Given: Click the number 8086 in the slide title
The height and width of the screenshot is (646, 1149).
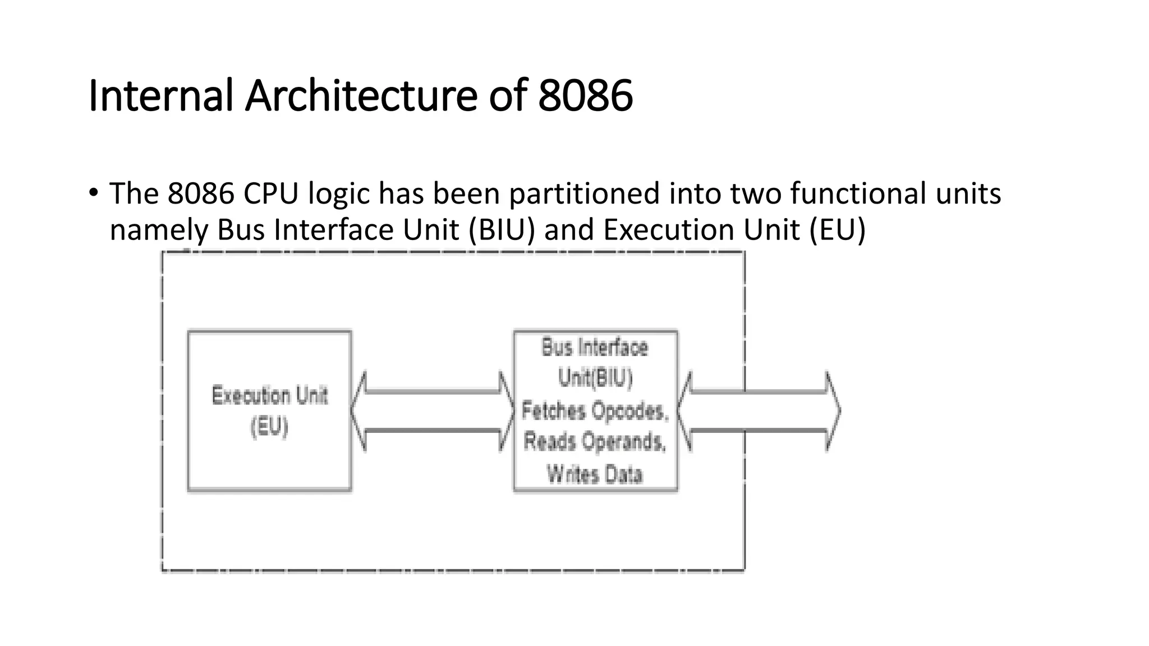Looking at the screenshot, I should click(585, 95).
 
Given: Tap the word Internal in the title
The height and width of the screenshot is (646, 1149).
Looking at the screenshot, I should click(161, 95).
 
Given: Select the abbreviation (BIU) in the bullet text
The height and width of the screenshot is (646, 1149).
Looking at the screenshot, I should click(499, 230).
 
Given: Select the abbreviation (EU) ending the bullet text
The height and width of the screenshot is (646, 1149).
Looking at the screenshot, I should click(838, 230).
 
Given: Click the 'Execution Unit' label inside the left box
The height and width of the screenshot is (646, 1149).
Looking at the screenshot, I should click(269, 396).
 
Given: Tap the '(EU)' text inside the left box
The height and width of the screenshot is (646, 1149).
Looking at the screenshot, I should click(269, 427).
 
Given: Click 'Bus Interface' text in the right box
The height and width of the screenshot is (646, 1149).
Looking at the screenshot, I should click(595, 348).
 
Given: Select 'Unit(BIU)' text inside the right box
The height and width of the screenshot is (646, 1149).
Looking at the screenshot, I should click(595, 379).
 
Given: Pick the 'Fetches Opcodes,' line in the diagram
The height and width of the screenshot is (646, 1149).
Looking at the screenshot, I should click(595, 411).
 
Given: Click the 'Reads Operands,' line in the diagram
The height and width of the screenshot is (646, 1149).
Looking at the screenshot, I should click(595, 442).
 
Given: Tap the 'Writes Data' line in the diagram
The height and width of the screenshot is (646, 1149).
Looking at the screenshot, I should click(595, 474).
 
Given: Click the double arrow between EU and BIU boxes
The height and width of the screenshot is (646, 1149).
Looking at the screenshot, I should click(433, 411).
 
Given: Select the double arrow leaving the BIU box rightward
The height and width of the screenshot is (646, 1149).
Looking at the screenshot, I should click(757, 411).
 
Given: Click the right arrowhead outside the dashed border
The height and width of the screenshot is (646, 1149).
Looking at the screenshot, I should click(832, 411).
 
